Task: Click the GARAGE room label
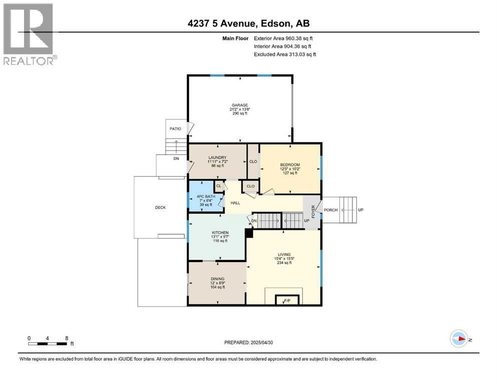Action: pyautogui.click(x=240, y=105)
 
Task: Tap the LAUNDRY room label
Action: pyautogui.click(x=217, y=158)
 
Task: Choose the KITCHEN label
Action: pyautogui.click(x=220, y=233)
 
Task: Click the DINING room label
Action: pyautogui.click(x=217, y=279)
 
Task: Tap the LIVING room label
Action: pyautogui.click(x=284, y=254)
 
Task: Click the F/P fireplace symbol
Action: pyautogui.click(x=287, y=300)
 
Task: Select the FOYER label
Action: pyautogui.click(x=313, y=212)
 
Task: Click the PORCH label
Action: pyautogui.click(x=331, y=210)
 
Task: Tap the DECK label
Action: pyautogui.click(x=160, y=207)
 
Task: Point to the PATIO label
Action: pyautogui.click(x=175, y=129)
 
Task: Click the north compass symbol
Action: pyautogui.click(x=458, y=338)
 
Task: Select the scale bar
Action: pyautogui.click(x=48, y=343)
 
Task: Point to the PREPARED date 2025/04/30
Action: pyautogui.click(x=248, y=342)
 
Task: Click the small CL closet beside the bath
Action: pyautogui.click(x=219, y=186)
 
